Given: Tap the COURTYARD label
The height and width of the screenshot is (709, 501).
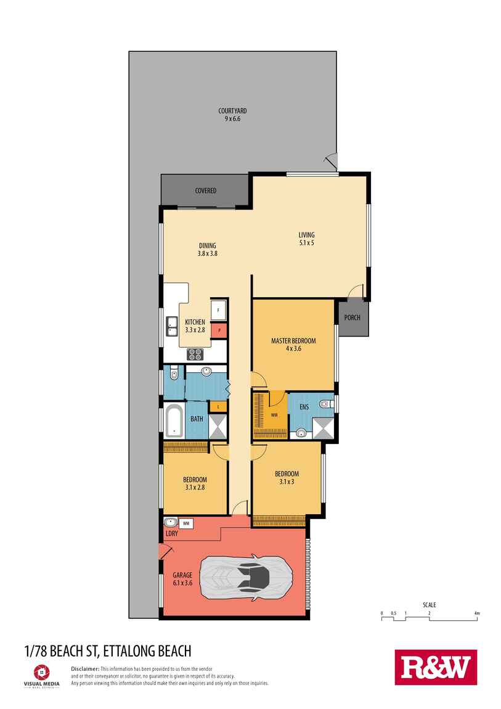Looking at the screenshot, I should click(232, 115).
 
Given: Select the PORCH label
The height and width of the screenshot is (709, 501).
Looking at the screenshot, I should click(352, 318).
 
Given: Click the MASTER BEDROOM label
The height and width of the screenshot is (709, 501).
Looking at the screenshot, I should click(293, 345).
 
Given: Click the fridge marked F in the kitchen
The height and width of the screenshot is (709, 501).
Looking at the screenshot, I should click(219, 310).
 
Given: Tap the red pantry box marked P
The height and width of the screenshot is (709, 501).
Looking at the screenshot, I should click(219, 331).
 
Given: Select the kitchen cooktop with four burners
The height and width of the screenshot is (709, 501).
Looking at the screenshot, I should click(195, 354).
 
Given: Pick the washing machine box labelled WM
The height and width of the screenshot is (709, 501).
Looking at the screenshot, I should click(187, 523).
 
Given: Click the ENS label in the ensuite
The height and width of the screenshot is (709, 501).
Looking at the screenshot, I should click(304, 408).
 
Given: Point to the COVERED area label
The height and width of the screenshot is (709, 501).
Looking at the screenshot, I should click(205, 191).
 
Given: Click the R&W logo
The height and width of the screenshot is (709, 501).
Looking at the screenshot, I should click(436, 667).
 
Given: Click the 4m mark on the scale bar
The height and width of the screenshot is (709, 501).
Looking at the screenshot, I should click(476, 613).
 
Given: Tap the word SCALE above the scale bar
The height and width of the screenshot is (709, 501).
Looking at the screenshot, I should click(429, 605).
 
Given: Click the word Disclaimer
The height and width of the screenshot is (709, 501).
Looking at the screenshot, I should click(85, 668).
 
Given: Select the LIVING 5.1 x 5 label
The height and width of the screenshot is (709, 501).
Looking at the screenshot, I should click(306, 239).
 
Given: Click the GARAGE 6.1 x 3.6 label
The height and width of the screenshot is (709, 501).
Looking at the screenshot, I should click(182, 578).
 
